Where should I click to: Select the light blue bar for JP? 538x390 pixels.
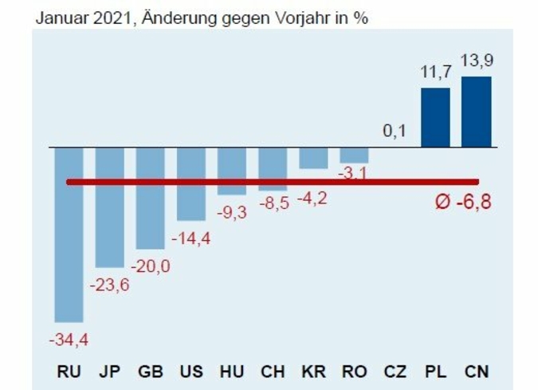109,207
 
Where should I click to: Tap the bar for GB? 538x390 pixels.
150,199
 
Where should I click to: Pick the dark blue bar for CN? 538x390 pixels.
476,112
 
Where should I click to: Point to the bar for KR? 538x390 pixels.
313,158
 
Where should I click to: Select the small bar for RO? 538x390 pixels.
354,156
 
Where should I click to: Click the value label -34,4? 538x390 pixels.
69,341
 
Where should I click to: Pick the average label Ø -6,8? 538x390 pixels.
462,201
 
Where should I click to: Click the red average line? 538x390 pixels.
271,182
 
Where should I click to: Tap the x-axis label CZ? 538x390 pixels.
395,372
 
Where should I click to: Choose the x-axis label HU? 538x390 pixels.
232,372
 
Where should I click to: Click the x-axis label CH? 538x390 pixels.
273,372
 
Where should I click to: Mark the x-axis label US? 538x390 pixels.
191,372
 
